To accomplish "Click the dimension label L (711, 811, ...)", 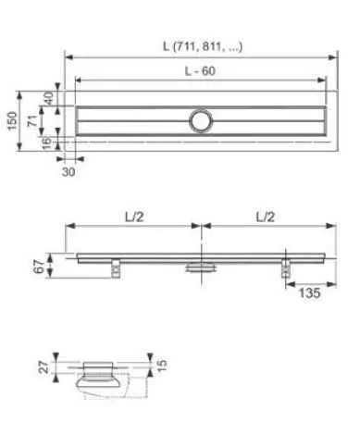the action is [203, 46].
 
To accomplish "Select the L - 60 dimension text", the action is [200, 71].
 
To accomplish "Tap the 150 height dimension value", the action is [12, 121].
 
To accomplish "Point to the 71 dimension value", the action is [32, 120].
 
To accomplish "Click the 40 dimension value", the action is [48, 98].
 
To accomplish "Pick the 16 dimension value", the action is [46, 143].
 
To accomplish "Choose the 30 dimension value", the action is [68, 172].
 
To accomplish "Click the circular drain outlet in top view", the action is [201, 120].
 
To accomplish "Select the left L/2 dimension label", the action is [134, 217].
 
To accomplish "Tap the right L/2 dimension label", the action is [266, 217].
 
